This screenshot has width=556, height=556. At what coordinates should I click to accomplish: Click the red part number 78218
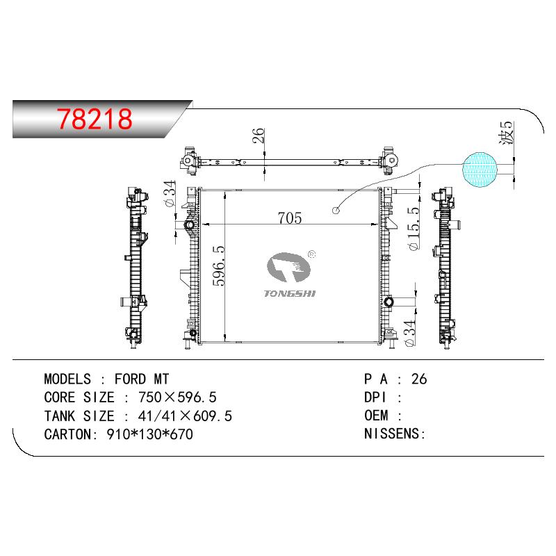(95, 118)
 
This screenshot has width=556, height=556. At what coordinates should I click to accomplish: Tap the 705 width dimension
(290, 218)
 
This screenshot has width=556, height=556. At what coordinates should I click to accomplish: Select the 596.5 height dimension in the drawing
(219, 265)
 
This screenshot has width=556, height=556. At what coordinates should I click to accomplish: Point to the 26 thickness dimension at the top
(259, 136)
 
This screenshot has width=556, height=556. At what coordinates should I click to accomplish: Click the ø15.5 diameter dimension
(414, 229)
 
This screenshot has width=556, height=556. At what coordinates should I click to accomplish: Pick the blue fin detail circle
(480, 170)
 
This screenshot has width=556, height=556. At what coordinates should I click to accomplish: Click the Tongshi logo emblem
(288, 267)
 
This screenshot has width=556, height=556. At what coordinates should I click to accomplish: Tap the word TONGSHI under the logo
(290, 293)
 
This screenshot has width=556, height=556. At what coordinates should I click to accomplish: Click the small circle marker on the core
(336, 211)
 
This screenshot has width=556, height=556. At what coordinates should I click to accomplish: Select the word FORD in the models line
(130, 379)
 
